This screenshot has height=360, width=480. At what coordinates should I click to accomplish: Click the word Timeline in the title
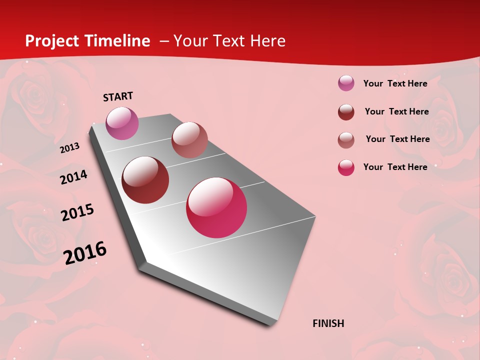tap(118, 41)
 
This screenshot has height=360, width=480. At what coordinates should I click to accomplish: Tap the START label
tap(118, 96)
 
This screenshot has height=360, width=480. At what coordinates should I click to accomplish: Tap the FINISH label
tap(328, 323)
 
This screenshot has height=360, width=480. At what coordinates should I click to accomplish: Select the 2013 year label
tap(69, 148)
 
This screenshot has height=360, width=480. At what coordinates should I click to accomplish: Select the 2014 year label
tap(73, 177)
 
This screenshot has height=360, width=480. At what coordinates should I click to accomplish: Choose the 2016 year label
tap(85, 252)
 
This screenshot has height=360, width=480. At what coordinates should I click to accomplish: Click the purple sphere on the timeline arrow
tap(122, 123)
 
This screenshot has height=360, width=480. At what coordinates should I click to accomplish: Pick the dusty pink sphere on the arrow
tap(189, 140)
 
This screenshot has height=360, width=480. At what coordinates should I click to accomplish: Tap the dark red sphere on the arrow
tap(145, 180)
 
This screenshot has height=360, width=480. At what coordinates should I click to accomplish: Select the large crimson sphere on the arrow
tap(216, 207)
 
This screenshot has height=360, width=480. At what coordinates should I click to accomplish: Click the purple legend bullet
tap(346, 83)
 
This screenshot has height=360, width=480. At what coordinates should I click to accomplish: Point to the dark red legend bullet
tap(346, 111)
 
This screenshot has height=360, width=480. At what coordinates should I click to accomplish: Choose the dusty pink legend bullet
tap(346, 139)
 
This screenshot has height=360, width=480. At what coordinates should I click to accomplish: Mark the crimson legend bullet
tap(346, 167)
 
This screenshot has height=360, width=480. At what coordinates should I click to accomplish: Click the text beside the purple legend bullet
tap(395, 83)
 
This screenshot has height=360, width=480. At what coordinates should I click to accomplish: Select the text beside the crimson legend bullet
tap(395, 167)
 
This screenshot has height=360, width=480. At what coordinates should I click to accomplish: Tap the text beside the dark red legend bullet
tap(396, 111)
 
